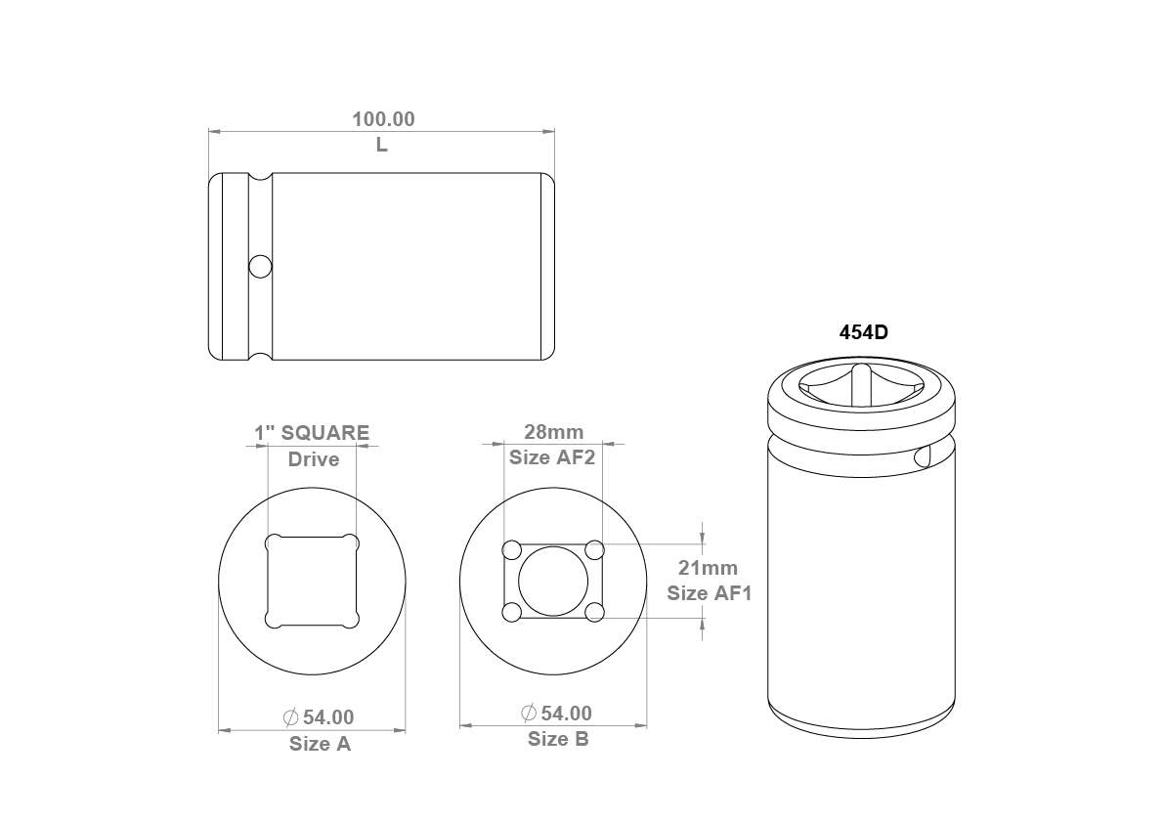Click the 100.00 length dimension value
pos(383,118)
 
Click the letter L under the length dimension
pos(381,145)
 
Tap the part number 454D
pos(863,331)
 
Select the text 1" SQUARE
pos(312,432)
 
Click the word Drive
pos(314,459)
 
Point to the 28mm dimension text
pos(554,432)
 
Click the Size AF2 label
pos(552,457)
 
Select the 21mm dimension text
pos(709,568)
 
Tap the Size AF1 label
pos(709,593)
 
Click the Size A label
pos(320,744)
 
